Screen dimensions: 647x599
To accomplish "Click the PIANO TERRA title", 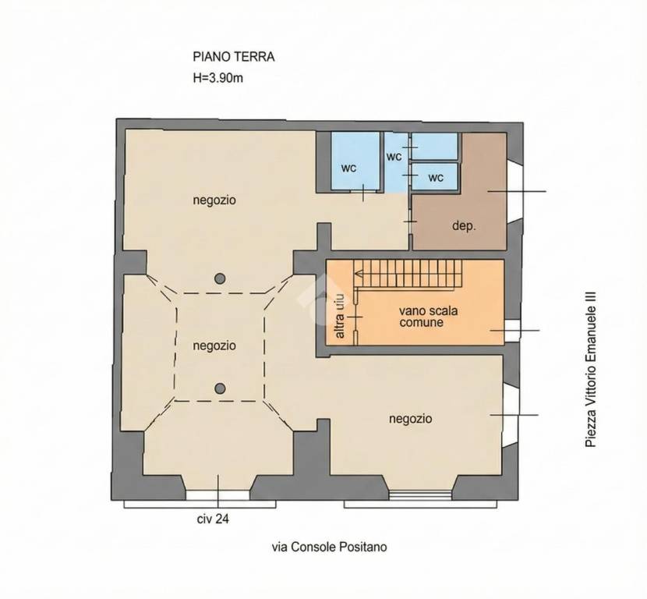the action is (234, 57).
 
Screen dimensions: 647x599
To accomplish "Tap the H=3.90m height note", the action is (217, 78).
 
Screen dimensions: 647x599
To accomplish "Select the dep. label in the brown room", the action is (464, 226).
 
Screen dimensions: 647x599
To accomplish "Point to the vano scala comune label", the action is (428, 316).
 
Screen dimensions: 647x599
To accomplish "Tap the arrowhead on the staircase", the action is (358, 273).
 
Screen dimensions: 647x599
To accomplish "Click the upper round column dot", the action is (220, 278).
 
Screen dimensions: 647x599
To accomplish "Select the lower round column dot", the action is (221, 388).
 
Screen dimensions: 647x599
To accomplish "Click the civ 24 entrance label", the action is (213, 519).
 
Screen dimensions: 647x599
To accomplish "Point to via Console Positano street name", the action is (329, 547).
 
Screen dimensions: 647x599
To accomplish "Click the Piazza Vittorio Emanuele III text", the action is (590, 369).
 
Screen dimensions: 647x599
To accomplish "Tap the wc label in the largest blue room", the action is (348, 168).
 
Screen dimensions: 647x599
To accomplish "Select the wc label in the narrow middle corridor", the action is (394, 157).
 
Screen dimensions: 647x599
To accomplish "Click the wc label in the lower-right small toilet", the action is (436, 178).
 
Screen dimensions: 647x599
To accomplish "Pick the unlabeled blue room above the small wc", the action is (434, 146).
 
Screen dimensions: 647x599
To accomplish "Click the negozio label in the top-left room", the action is (214, 200).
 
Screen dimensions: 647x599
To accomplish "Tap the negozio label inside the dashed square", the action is (214, 346).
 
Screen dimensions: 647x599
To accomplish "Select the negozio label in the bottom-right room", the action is (411, 419).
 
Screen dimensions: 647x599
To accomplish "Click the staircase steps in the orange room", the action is (408, 273).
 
